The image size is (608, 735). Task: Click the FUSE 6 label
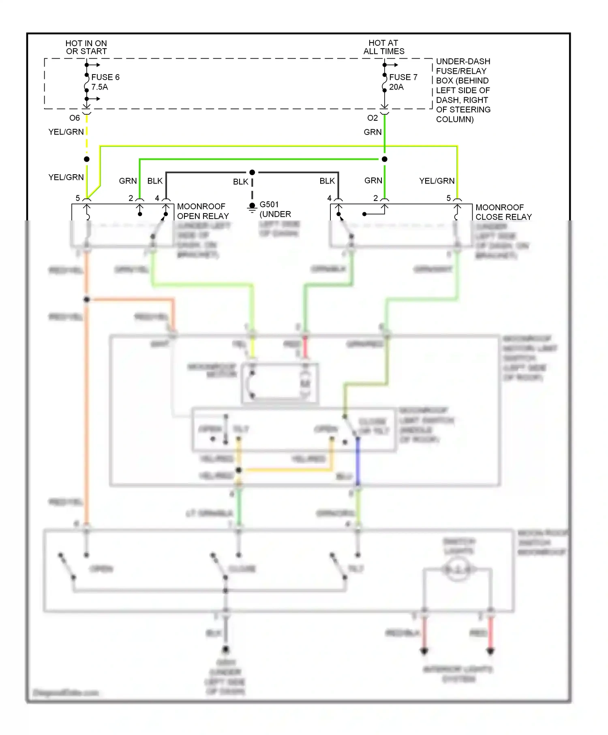[x=105, y=77]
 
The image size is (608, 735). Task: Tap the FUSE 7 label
[x=403, y=77]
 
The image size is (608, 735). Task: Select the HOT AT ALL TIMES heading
[x=383, y=47]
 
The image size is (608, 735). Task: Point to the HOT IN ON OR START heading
[x=86, y=47]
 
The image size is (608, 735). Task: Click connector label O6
[x=75, y=118]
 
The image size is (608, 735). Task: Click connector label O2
[x=373, y=118]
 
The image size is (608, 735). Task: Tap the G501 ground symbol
[x=252, y=207]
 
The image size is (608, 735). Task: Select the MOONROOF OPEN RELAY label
[x=203, y=211]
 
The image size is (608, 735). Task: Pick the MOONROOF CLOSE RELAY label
[x=503, y=212]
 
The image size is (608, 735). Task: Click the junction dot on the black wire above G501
[x=252, y=173]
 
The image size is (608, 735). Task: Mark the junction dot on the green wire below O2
[x=385, y=159]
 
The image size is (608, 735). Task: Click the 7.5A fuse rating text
[x=100, y=87]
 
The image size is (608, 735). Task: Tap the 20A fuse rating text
[x=396, y=87]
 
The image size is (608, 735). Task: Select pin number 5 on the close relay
[x=449, y=198]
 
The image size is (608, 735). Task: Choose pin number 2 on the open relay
[x=131, y=198]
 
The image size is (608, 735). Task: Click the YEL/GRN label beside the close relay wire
[x=437, y=181]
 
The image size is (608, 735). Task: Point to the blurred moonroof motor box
[x=280, y=383]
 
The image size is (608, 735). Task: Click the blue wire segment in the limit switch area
[x=358, y=462]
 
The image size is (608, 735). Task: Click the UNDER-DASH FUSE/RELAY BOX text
[x=463, y=90]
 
